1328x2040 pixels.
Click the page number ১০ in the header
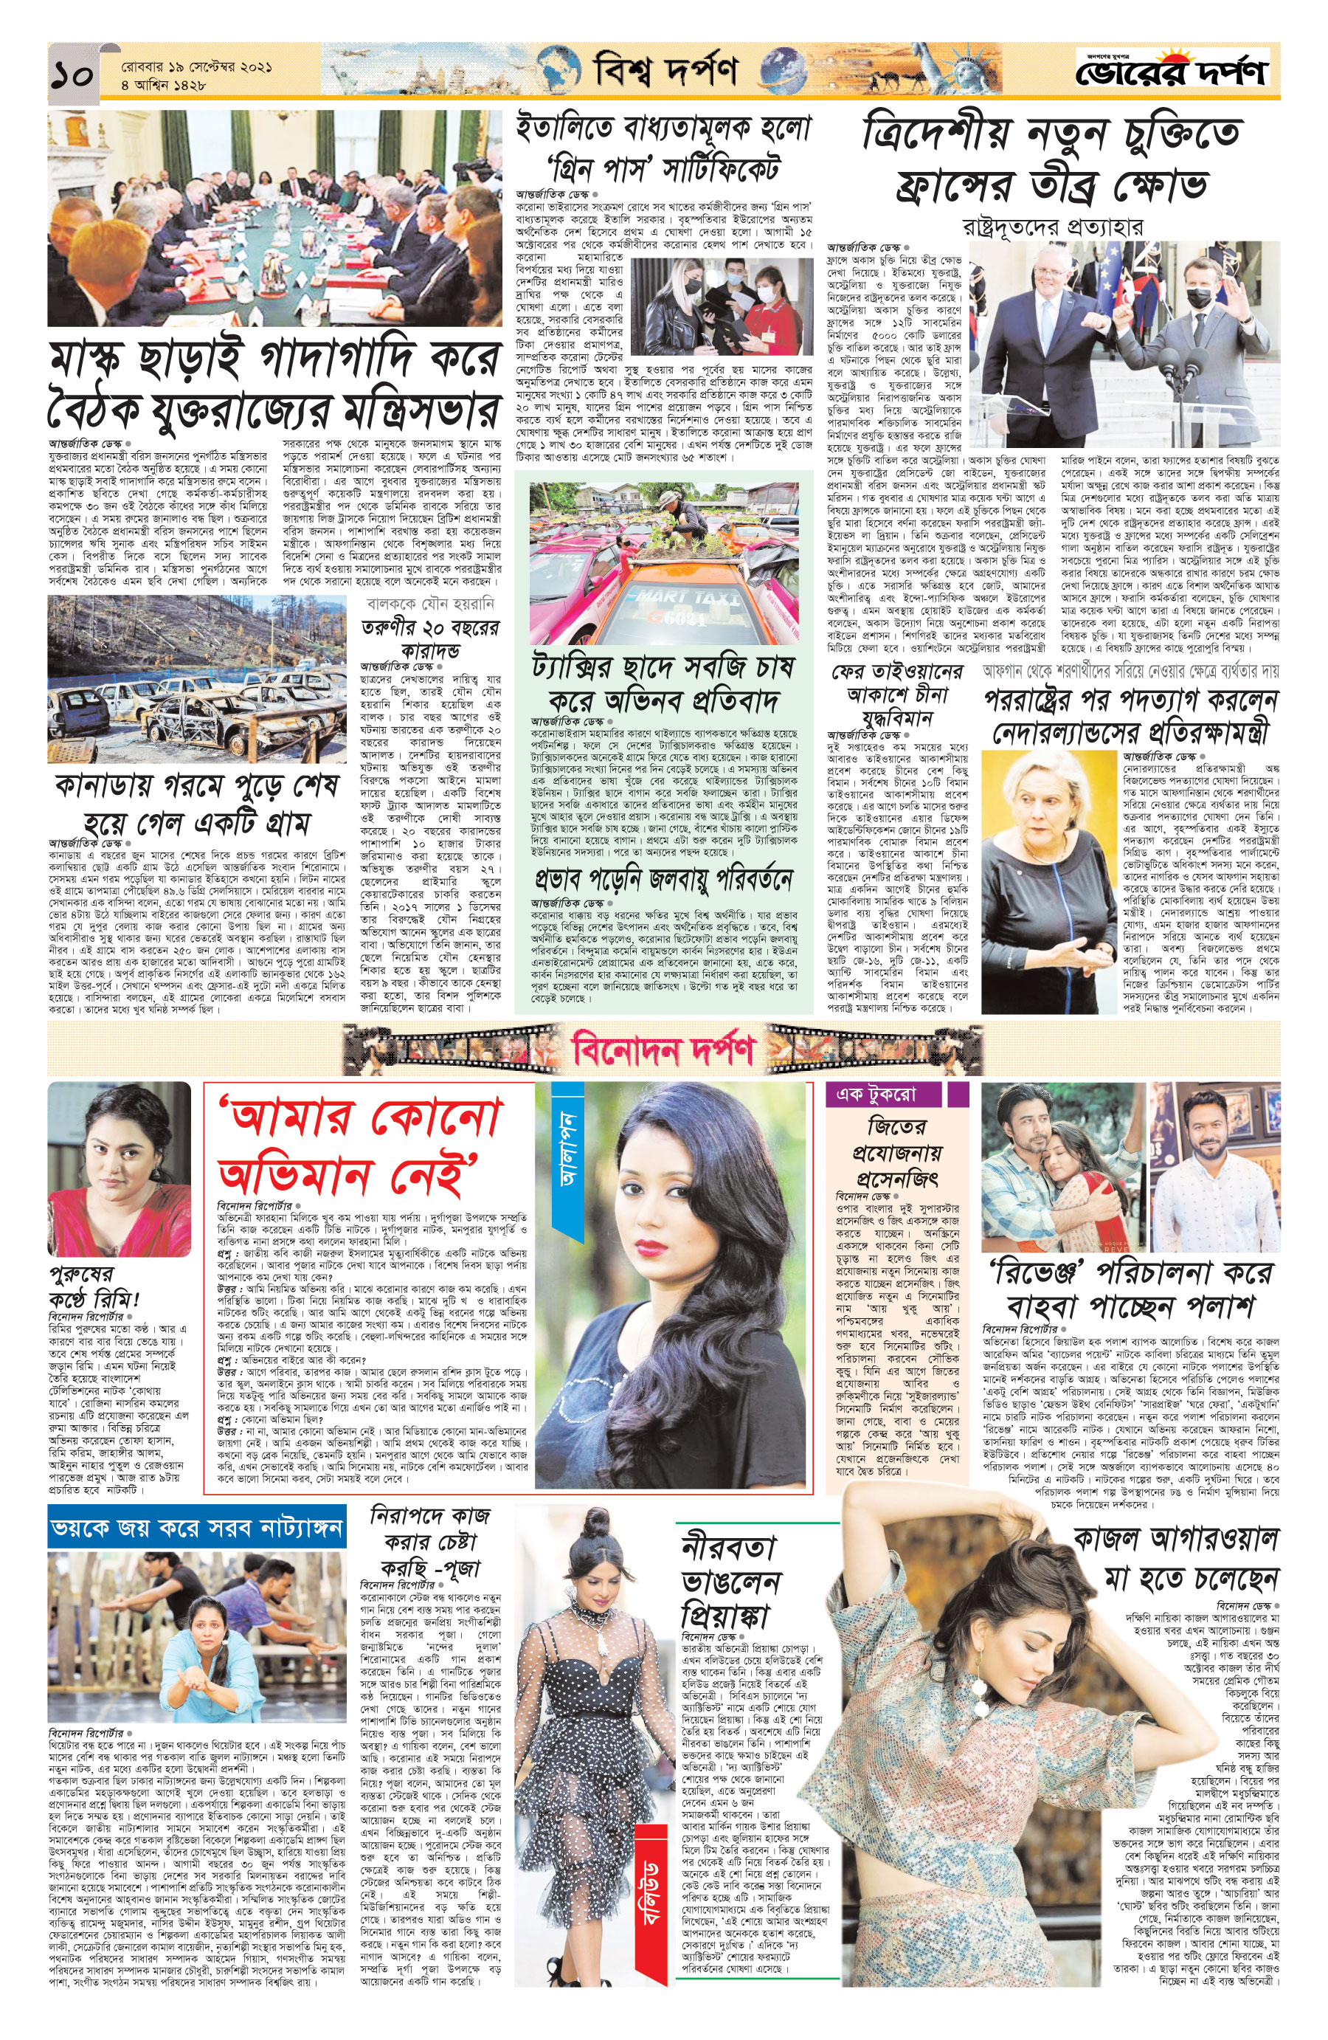pyautogui.click(x=74, y=75)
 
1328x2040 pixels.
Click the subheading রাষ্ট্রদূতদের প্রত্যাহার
pyautogui.click(x=1052, y=227)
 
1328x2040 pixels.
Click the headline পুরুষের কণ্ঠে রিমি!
pyautogui.click(x=94, y=1286)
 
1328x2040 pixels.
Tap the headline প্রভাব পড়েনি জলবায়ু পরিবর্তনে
pyautogui.click(x=663, y=880)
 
